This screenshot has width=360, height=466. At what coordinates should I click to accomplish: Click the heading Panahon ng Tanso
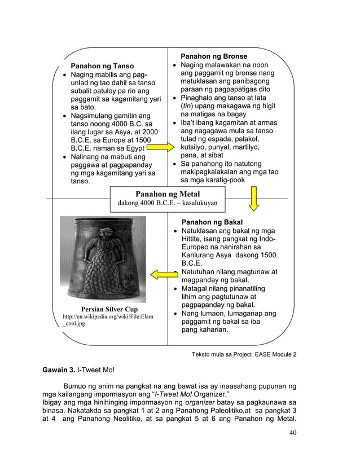(x=102, y=66)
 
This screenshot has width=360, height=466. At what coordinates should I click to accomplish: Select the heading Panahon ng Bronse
(x=213, y=56)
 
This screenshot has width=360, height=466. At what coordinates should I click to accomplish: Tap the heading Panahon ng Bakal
(x=212, y=222)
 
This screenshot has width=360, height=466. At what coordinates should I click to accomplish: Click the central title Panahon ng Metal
(x=168, y=194)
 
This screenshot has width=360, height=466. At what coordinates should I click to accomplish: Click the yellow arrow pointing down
(x=254, y=199)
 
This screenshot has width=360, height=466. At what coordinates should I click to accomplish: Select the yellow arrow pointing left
(x=164, y=274)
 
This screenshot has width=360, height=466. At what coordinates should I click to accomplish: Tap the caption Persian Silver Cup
(x=109, y=309)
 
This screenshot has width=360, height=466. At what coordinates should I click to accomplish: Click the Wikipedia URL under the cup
(x=107, y=320)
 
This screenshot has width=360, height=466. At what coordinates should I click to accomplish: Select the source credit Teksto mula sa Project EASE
(x=244, y=354)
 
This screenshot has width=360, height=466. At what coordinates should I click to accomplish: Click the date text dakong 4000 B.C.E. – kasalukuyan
(x=167, y=203)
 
